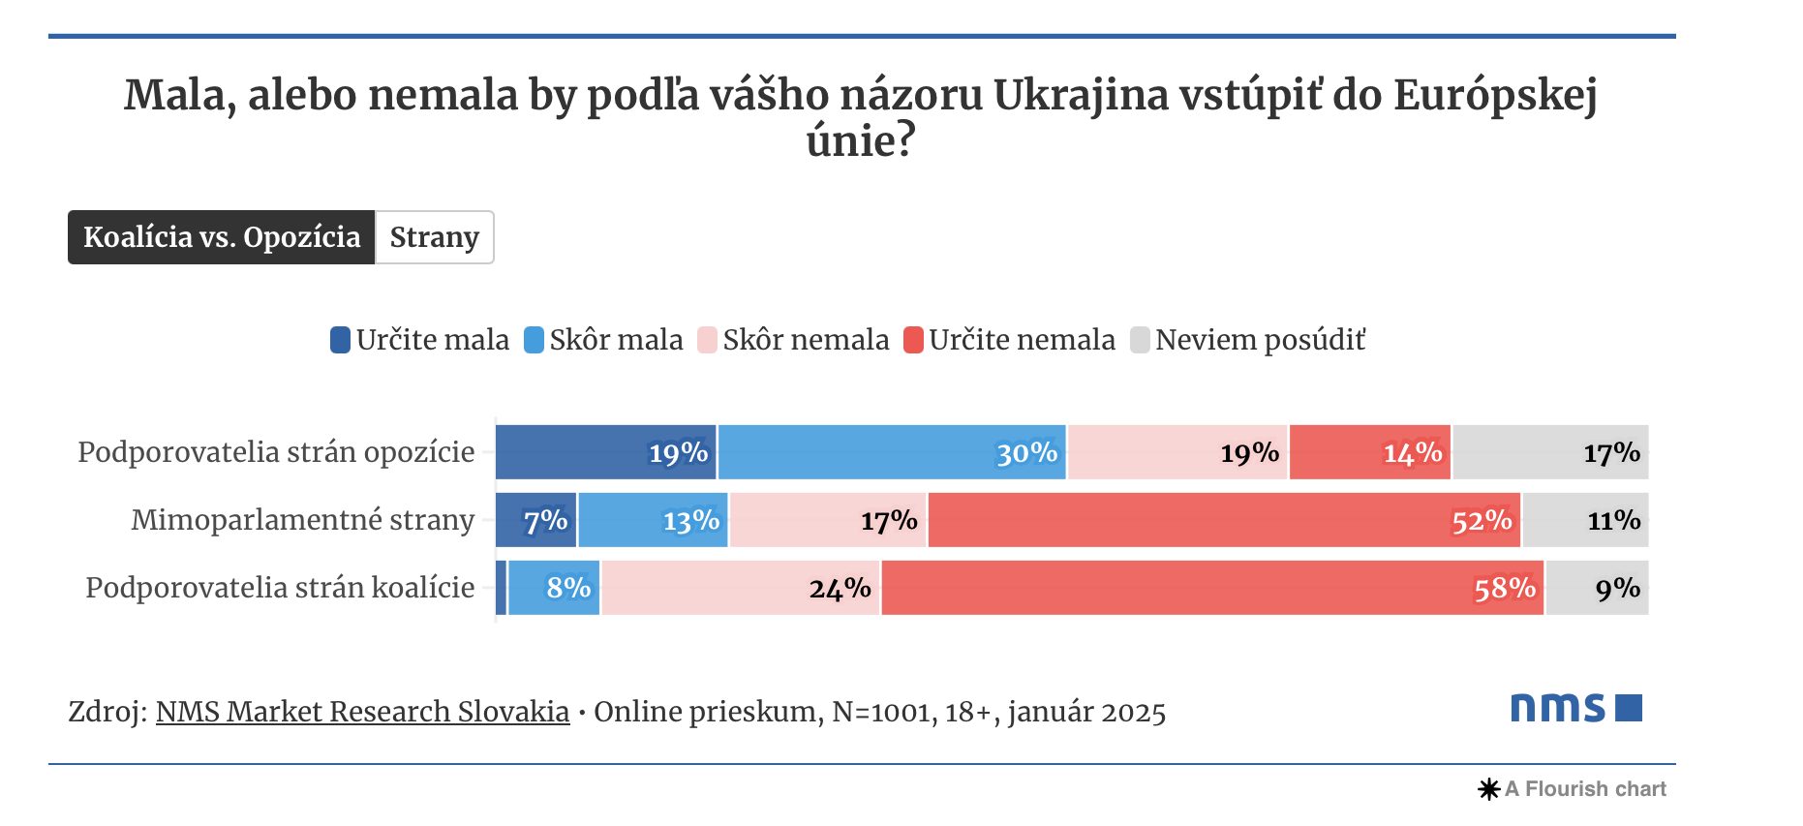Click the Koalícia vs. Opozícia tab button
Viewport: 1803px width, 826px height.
(x=221, y=237)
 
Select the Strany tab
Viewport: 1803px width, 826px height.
(x=434, y=237)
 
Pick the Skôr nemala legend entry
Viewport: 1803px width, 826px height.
(x=793, y=340)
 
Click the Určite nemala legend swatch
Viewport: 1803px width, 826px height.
(x=913, y=340)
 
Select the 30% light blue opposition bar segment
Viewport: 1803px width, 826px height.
(x=891, y=452)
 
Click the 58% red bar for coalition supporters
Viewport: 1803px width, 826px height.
(x=1212, y=588)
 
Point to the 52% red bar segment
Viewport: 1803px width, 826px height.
(x=1224, y=520)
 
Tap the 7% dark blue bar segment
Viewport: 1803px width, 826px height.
(x=535, y=520)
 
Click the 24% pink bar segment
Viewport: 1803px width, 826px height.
(x=740, y=588)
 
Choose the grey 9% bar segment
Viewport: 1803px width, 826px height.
(x=1597, y=588)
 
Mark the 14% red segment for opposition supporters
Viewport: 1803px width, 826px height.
(x=1369, y=452)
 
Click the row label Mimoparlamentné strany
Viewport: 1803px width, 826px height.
(x=302, y=520)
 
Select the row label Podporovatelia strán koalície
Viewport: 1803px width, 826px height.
(x=280, y=588)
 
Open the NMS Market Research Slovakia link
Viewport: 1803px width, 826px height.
(x=362, y=712)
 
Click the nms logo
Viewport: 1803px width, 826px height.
(x=1575, y=708)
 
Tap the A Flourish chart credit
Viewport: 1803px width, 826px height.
(x=1574, y=789)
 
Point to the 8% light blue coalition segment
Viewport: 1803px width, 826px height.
(x=553, y=588)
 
